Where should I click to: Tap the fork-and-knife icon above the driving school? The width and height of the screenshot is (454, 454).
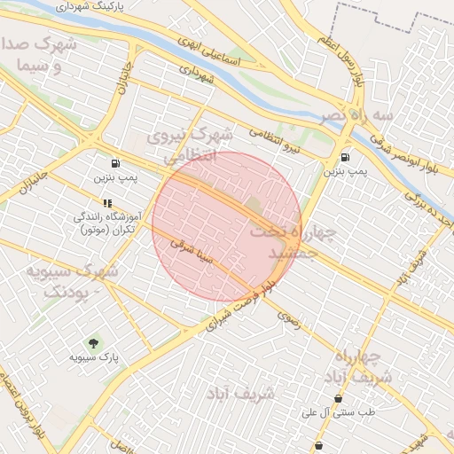[x=107, y=203]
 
